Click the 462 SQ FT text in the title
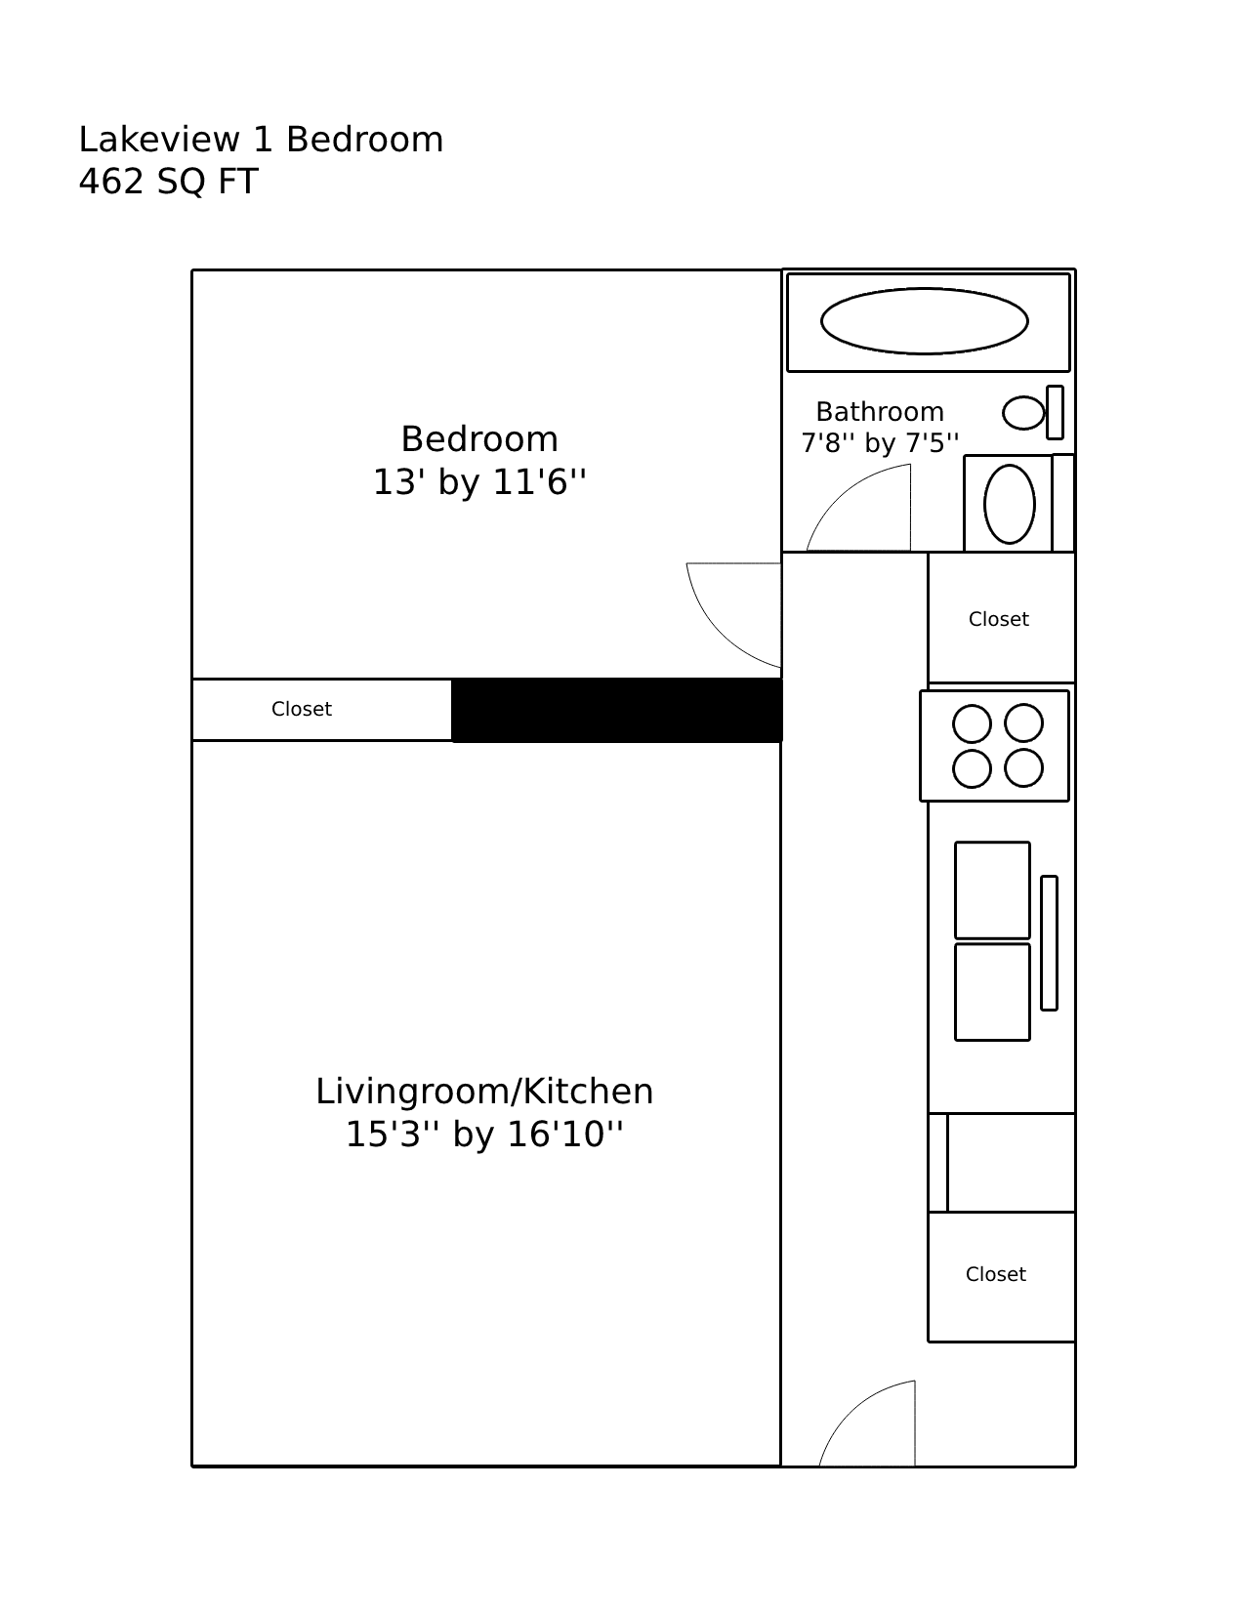click(168, 183)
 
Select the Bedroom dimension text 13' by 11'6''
click(479, 482)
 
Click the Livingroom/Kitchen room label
click(484, 1091)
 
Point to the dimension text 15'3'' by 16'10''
click(484, 1135)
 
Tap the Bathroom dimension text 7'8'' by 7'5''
click(880, 443)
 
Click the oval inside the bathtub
click(924, 321)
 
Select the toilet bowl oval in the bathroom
click(1023, 413)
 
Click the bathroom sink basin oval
click(1009, 504)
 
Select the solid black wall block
click(617, 710)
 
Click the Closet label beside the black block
click(302, 710)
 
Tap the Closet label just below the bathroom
click(998, 620)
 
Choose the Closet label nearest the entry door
click(995, 1274)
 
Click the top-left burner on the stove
click(972, 724)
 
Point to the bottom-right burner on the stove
click(1023, 768)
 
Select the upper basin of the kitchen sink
click(992, 890)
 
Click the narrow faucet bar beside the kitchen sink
click(1049, 943)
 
